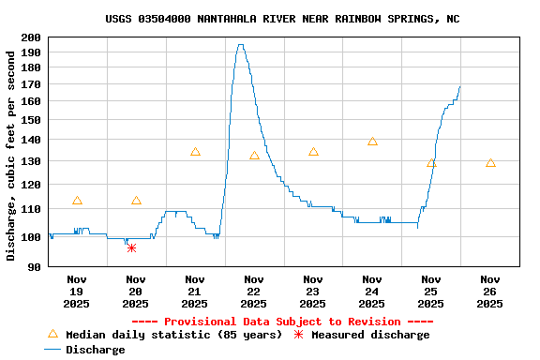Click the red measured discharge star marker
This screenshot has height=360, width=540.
coord(131,247)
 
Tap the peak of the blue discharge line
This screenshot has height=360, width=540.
coord(240,45)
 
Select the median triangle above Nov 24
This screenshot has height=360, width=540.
coord(372,142)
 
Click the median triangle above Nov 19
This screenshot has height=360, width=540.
coord(77,201)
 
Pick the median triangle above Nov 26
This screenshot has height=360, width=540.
coord(490,163)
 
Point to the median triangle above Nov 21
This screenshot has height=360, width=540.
coord(195,152)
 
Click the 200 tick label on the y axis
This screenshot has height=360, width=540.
coord(31,37)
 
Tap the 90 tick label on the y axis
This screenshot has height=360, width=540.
coord(34,267)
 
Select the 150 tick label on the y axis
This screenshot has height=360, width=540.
coord(31,120)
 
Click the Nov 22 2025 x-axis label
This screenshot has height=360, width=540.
coord(253,291)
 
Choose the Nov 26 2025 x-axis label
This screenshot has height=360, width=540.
coord(489,291)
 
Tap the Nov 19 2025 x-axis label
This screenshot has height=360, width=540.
coord(77,291)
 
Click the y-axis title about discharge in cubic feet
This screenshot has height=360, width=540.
coord(11,155)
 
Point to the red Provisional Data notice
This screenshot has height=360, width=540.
coord(282,322)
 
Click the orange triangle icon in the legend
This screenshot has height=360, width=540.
coord(52,334)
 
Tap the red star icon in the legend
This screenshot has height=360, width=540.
coord(299,335)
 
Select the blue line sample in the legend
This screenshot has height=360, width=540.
coord(52,350)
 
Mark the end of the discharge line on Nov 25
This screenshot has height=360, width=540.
coord(460,86)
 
